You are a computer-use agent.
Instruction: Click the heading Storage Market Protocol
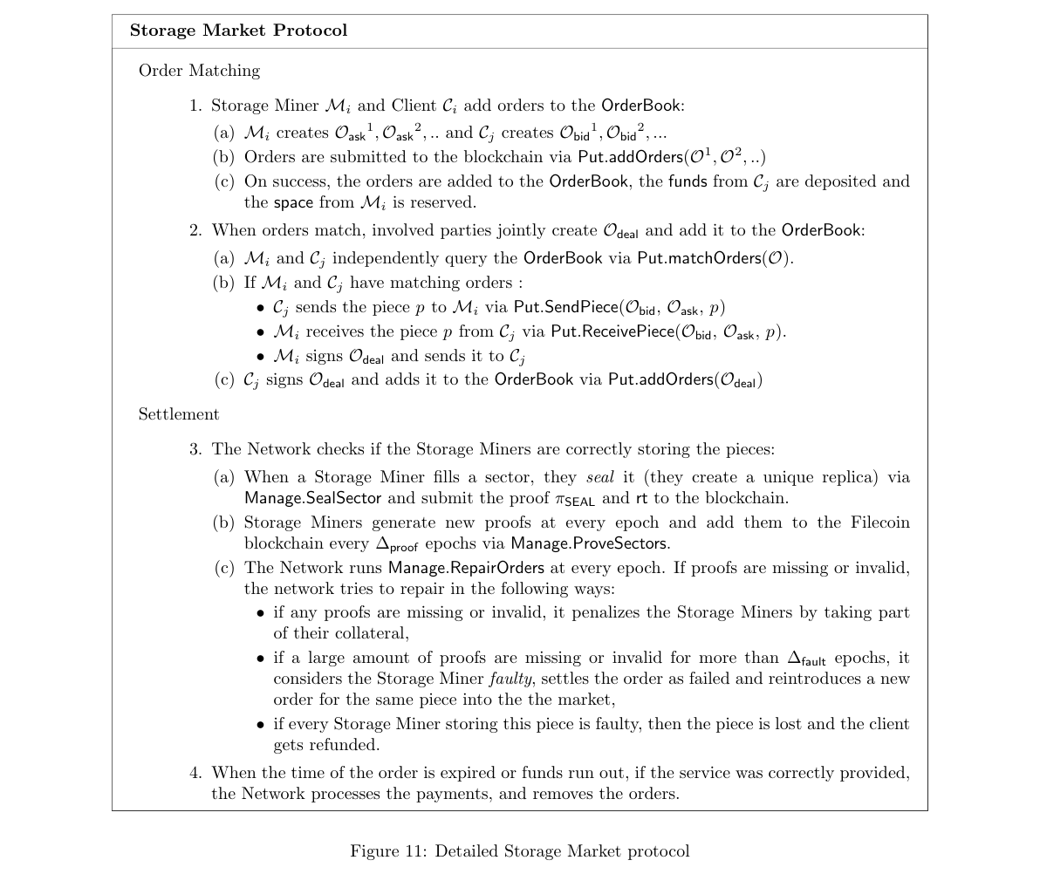click(x=238, y=31)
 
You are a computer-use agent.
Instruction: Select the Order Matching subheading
click(x=199, y=71)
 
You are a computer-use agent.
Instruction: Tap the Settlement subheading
click(x=179, y=414)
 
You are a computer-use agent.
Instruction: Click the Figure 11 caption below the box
click(x=519, y=851)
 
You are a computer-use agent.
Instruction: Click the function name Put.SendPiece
click(x=564, y=307)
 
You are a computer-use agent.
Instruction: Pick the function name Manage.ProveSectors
click(x=590, y=543)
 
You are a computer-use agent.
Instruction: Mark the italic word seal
click(x=599, y=477)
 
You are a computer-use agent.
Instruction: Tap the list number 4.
click(x=195, y=773)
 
